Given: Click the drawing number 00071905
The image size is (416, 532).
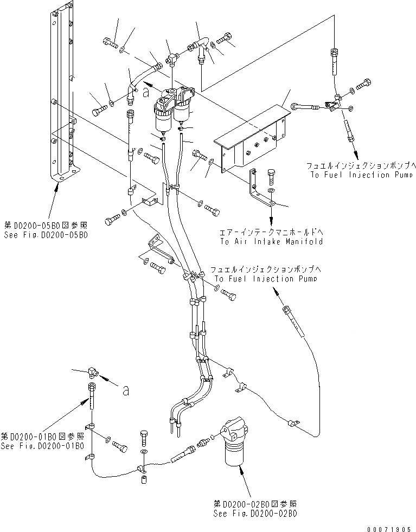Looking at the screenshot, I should click(x=389, y=527).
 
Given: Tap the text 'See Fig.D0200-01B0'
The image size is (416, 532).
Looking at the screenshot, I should click(x=42, y=446).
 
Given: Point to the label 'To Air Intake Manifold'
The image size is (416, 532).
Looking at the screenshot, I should click(x=271, y=241).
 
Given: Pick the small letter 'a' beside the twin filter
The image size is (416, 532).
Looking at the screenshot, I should click(x=144, y=93).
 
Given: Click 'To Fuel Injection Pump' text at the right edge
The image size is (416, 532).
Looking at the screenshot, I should click(x=360, y=175).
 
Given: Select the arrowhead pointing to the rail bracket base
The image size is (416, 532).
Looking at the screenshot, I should click(x=57, y=187).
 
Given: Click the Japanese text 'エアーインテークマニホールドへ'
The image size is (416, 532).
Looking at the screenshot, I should click(x=271, y=232).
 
